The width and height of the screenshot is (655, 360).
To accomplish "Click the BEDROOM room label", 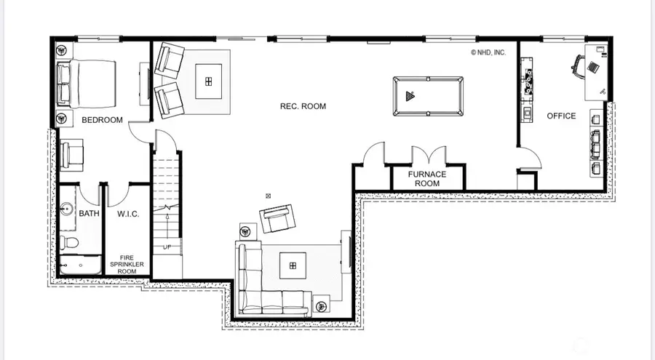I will [x=102, y=120].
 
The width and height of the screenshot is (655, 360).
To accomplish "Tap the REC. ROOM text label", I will [x=303, y=106].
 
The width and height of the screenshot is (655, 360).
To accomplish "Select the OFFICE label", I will [x=561, y=116].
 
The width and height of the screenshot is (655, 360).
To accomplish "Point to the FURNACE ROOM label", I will [x=426, y=179].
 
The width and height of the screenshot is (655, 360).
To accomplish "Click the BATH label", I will [x=90, y=213].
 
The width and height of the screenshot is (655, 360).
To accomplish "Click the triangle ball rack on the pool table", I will [x=409, y=95].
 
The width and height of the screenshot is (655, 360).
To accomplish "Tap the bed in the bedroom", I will [x=86, y=81].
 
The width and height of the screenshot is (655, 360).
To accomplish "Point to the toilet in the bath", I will [x=68, y=242].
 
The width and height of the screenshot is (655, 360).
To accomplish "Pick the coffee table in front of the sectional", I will [x=293, y=266].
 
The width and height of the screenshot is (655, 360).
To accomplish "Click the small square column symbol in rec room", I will [x=269, y=196].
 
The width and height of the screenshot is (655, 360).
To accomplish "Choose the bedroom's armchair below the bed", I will [x=74, y=155].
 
